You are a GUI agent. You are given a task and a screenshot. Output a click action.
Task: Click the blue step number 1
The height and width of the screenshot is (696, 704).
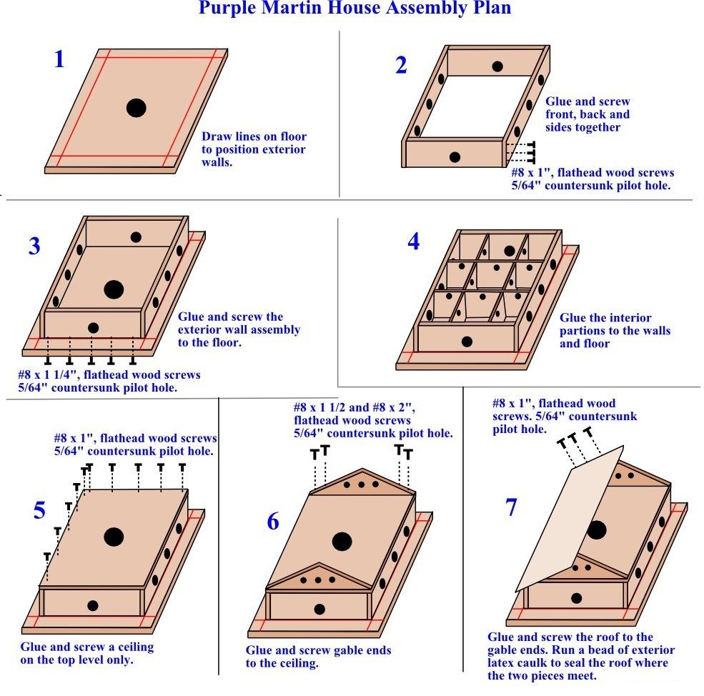[59, 59]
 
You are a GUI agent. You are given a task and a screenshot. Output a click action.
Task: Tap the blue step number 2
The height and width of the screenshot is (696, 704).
[401, 65]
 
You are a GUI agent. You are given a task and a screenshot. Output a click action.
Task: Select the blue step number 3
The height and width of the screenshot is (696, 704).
[34, 246]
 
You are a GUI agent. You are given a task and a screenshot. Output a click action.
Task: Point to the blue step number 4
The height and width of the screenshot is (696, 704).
[414, 242]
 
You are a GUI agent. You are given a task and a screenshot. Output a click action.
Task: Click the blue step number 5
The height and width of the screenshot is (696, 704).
[39, 510]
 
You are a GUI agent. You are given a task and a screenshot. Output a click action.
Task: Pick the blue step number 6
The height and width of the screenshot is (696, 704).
[273, 522]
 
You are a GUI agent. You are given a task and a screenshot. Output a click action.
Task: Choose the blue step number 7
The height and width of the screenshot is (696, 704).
[510, 507]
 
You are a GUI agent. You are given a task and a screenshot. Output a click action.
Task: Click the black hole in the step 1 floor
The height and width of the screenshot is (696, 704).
[136, 108]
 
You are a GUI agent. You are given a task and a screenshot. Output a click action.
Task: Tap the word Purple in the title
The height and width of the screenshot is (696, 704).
[228, 9]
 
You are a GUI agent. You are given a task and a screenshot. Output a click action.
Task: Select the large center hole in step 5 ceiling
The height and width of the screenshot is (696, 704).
[113, 536]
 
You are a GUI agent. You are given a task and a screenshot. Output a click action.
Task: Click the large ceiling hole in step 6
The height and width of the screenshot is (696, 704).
[342, 542]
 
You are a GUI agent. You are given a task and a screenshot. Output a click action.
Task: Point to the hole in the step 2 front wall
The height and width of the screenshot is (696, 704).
[455, 156]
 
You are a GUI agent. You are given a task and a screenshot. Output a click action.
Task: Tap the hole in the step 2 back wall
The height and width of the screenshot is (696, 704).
[497, 66]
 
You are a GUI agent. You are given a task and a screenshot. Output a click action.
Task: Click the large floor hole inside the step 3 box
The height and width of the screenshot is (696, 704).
[113, 289]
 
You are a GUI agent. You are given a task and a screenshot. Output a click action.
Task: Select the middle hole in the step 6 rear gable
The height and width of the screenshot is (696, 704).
[361, 484]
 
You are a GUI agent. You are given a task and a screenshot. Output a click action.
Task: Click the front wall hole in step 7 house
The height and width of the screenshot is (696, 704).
[575, 597]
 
